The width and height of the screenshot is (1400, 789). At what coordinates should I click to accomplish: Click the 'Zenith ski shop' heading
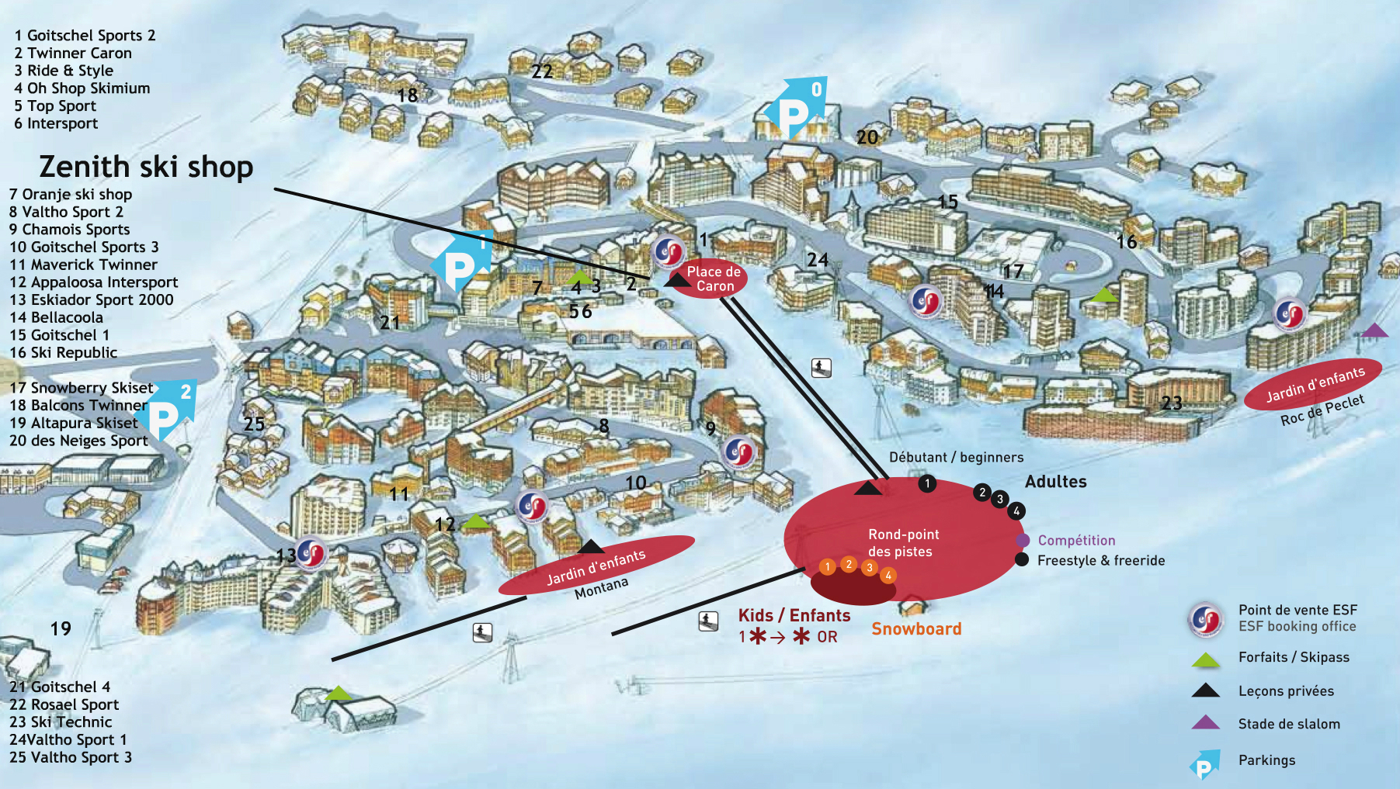tap(146, 167)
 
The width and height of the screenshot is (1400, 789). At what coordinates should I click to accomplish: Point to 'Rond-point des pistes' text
tap(903, 543)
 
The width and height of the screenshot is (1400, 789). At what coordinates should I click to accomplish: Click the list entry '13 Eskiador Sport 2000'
tap(92, 299)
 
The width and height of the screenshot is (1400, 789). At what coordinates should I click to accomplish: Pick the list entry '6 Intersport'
tap(56, 123)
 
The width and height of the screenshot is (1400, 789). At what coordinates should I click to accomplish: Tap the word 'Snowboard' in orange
tap(916, 629)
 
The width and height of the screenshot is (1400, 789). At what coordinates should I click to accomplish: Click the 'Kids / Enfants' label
tap(794, 615)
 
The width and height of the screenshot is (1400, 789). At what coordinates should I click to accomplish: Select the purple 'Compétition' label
tap(1076, 540)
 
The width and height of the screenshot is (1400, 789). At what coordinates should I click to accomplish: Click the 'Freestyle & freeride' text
tap(1100, 560)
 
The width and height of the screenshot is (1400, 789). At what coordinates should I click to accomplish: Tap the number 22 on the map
tap(542, 71)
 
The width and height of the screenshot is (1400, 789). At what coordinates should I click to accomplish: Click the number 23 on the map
tap(1172, 403)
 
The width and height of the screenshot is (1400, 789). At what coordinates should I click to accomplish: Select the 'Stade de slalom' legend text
tap(1289, 724)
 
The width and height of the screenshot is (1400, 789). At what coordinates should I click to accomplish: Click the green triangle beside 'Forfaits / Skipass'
tap(1206, 660)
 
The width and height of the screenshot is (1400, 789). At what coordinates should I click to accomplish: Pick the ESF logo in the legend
tap(1205, 619)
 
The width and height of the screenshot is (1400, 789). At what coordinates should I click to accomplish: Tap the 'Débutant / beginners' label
tap(956, 457)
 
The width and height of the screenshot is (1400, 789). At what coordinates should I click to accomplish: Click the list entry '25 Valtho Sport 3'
tap(71, 757)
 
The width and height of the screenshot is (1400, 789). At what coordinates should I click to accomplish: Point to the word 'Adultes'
tap(1055, 482)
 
